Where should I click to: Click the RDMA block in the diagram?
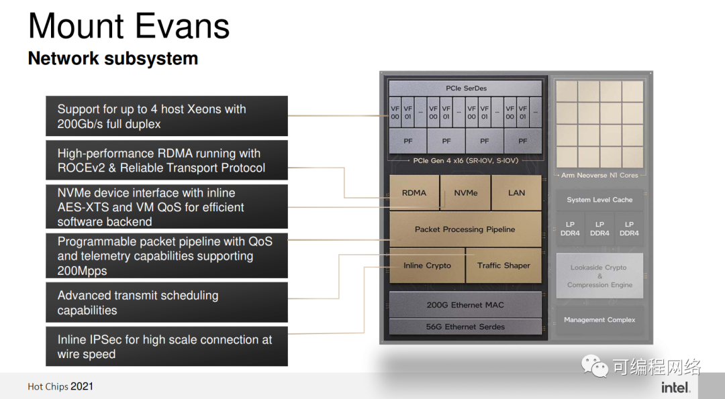tap(414, 192)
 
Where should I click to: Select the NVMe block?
tap(466, 192)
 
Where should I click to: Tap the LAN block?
tap(516, 192)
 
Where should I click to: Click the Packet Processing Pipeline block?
tap(465, 229)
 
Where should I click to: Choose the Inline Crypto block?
tap(427, 266)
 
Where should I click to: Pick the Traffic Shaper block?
tap(503, 266)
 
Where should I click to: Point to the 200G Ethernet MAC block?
tap(465, 304)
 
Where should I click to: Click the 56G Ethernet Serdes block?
tap(465, 327)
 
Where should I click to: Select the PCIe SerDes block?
tap(466, 89)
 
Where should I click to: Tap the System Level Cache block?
tap(599, 200)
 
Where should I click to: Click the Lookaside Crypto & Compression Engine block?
tap(599, 276)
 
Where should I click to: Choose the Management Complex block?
tap(599, 320)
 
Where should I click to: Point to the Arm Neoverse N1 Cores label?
tap(599, 176)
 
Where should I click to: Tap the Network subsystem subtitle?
tap(113, 58)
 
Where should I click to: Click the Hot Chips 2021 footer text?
tap(60, 386)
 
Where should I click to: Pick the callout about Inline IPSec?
tap(166, 347)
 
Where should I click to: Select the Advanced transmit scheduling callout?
tap(166, 302)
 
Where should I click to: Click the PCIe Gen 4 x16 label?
tap(465, 161)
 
